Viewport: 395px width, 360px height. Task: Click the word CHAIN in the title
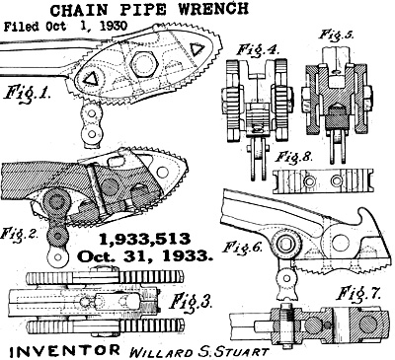(79, 10)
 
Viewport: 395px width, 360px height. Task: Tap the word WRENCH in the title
(213, 8)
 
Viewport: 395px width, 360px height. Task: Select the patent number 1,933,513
(145, 240)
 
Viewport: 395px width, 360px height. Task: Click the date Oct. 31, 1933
(145, 255)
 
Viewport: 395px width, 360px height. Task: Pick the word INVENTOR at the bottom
(64, 351)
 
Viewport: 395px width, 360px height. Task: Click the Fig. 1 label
(27, 93)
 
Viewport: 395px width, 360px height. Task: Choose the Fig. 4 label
(259, 51)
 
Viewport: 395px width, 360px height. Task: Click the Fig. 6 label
(243, 247)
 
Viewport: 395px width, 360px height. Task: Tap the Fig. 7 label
(358, 294)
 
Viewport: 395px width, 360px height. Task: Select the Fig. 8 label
(293, 157)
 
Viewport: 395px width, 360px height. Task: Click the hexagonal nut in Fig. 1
(144, 61)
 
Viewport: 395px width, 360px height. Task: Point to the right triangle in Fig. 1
(197, 49)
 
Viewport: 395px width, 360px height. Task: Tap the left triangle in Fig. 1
(90, 79)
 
